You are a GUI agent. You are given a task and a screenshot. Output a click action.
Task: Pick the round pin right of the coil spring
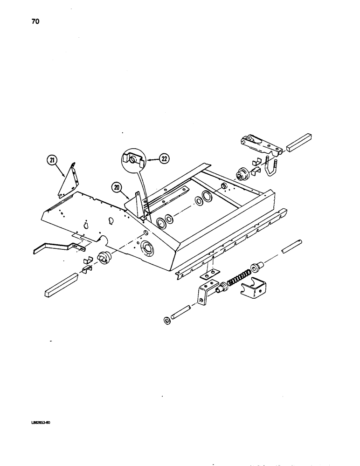pyautogui.click(x=292, y=247)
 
